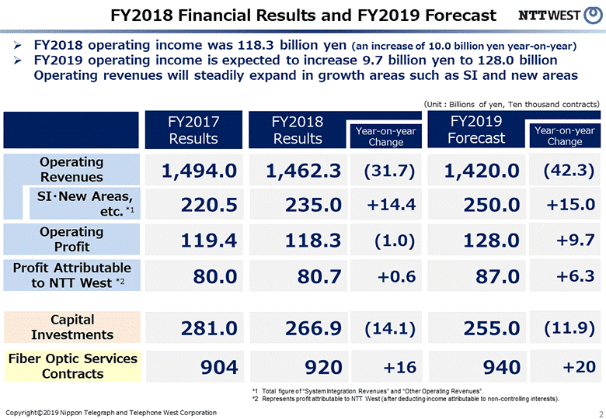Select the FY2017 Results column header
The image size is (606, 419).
[193, 130]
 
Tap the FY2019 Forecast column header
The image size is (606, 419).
[476, 130]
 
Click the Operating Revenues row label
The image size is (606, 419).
[71, 169]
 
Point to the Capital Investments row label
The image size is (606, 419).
[71, 327]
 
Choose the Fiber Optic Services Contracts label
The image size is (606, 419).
[72, 365]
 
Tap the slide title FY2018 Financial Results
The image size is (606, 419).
[303, 16]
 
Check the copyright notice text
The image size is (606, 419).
[110, 411]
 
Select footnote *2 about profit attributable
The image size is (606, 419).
[404, 398]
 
